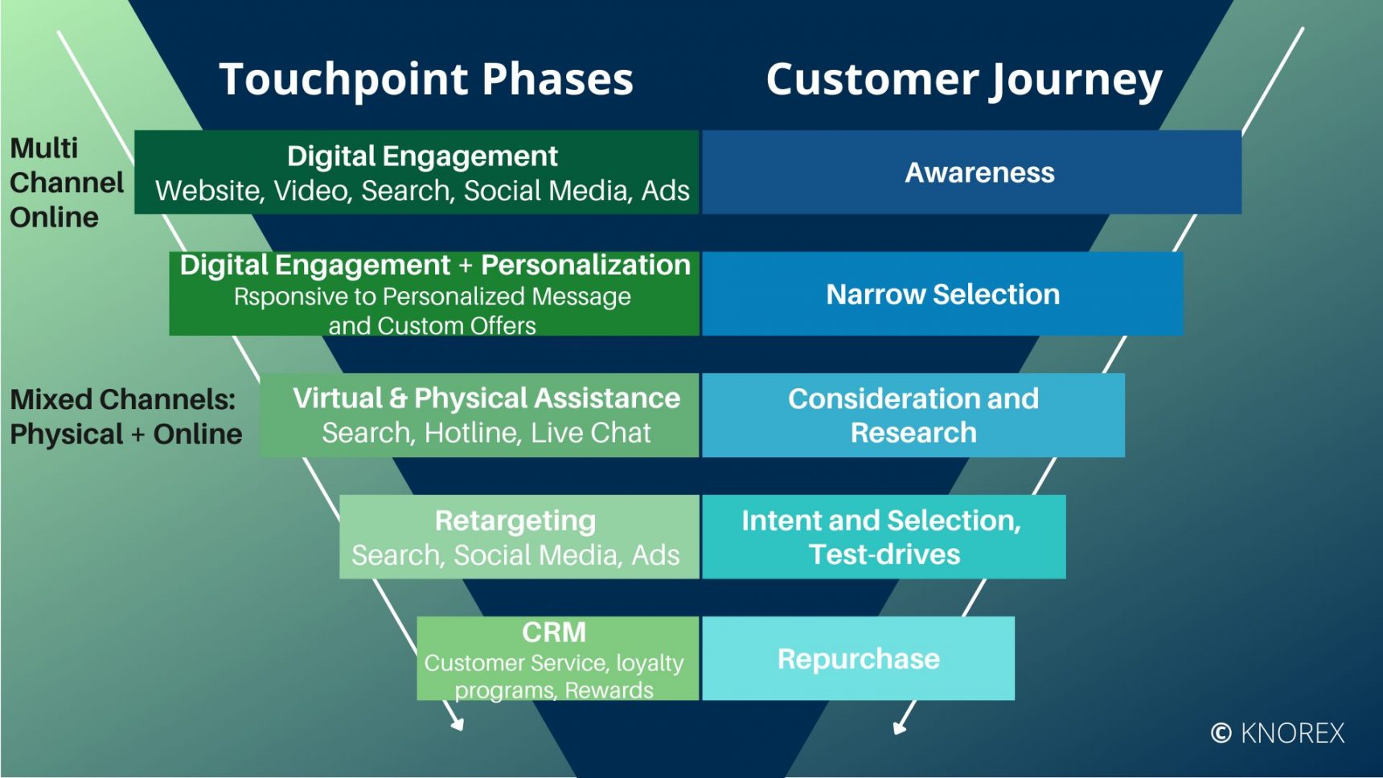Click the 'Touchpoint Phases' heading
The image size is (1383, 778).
tap(426, 79)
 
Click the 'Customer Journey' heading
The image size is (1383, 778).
tap(963, 80)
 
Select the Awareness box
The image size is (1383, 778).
tap(971, 173)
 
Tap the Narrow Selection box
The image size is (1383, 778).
tap(942, 294)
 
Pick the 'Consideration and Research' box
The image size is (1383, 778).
tap(913, 416)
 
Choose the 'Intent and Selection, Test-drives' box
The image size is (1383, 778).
tap(883, 537)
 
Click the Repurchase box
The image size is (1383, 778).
tap(858, 659)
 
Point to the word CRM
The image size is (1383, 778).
tap(554, 633)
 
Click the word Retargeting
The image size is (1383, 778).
tap(515, 521)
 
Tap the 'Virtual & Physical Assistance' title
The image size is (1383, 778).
tap(486, 399)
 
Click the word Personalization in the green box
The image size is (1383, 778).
tap(585, 265)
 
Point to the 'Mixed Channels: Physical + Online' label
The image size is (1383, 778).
tap(125, 416)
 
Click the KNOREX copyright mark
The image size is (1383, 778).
tap(1278, 733)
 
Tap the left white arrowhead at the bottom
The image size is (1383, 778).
tap(458, 724)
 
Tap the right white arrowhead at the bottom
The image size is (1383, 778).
tap(899, 727)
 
